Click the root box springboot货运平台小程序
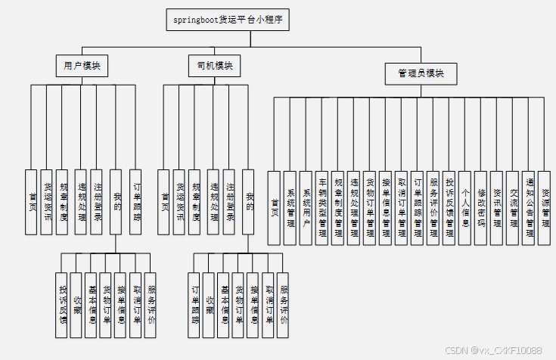pyautogui.click(x=228, y=20)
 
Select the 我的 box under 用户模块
pyautogui.click(x=116, y=200)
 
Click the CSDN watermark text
pyautogui.click(x=492, y=350)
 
